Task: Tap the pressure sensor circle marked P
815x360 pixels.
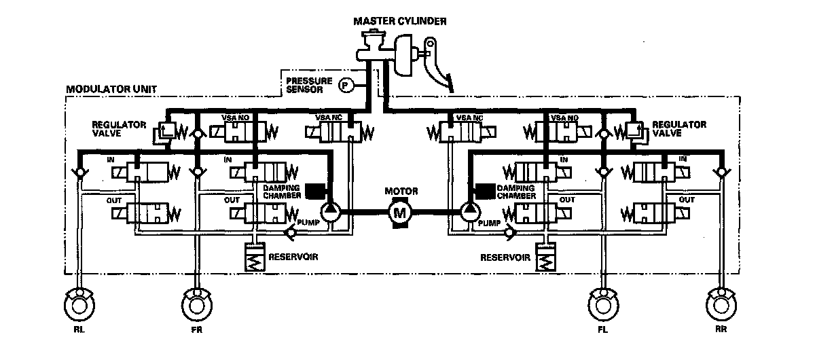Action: click(346, 85)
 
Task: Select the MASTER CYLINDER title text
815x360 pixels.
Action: click(400, 21)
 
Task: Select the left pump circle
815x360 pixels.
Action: click(331, 211)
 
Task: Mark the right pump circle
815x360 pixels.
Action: click(469, 211)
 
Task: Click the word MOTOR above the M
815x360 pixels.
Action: click(401, 192)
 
